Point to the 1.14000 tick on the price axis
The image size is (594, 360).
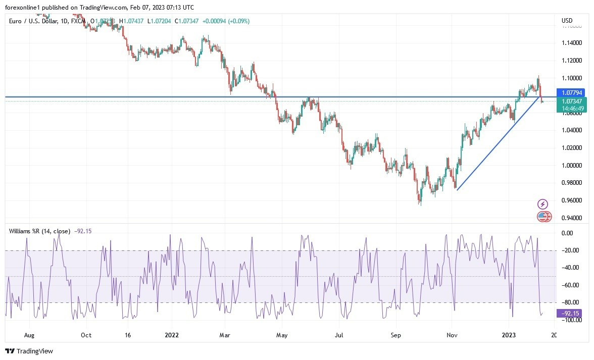point(572,43)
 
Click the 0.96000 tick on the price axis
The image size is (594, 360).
point(572,200)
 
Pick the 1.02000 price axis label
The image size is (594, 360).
point(572,148)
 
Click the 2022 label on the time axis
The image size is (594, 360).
point(172,335)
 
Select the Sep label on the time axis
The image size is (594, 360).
point(396,335)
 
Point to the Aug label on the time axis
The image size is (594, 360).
point(29,335)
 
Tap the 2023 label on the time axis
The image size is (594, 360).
point(509,335)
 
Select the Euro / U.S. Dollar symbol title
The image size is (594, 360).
point(39,21)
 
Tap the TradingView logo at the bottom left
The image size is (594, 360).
point(29,351)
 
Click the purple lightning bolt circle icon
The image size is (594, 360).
point(542,204)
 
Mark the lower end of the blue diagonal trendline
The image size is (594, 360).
point(457,190)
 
